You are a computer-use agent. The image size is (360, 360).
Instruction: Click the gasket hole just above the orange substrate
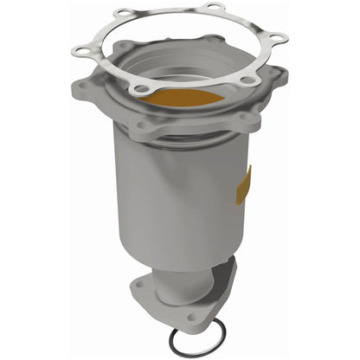pos(145,85)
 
